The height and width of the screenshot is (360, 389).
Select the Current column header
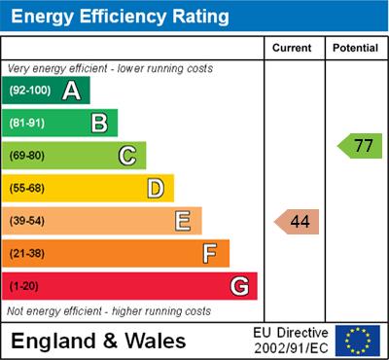pos(292,48)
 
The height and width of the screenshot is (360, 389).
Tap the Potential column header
pos(355,48)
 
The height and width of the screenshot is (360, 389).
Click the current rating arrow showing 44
pos(298,222)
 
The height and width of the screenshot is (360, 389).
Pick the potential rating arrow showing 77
pos(361,147)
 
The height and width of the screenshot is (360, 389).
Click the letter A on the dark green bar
pos(71,90)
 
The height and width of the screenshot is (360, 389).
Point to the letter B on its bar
pos(99,123)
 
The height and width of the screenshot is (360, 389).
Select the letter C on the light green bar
pos(127,156)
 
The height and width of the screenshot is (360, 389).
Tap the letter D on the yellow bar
pos(156,188)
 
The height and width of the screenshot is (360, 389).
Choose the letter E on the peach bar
pos(183,221)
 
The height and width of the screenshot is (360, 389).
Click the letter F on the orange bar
pos(210,254)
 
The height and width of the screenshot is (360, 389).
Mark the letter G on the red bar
pos(239,286)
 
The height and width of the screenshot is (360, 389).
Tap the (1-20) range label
pos(25,287)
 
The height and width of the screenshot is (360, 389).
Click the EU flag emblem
pos(358,340)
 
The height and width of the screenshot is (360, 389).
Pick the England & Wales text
pos(98,341)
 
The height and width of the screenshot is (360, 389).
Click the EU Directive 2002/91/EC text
pos(291,341)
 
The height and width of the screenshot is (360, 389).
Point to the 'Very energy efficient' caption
pos(109,69)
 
